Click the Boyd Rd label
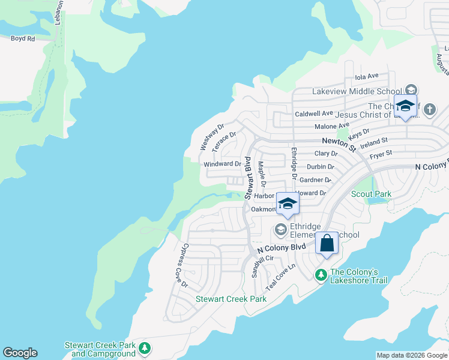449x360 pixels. tap(23, 38)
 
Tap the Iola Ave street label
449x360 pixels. tap(367, 76)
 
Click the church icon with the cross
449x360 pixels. tap(429, 109)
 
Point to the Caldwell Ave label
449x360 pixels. tap(313, 113)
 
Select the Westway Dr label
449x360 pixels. tap(211, 137)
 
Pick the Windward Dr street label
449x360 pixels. tap(222, 164)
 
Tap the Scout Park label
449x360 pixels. tap(371, 194)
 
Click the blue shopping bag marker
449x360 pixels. tap(327, 243)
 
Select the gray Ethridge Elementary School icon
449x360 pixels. tap(280, 229)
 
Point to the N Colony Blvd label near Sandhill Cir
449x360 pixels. tap(282, 248)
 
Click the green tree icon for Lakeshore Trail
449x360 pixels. tap(321, 275)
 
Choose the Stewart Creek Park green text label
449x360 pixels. tap(231, 298)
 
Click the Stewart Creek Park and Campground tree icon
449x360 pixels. tap(144, 348)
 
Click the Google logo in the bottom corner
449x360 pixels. tap(20, 353)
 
